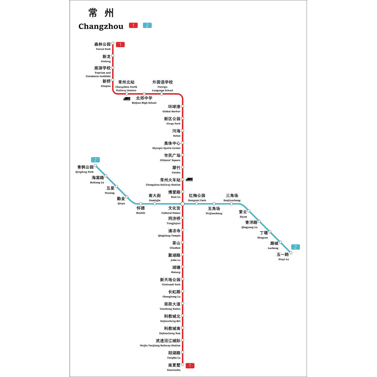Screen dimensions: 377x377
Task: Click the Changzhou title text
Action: coord(101,26)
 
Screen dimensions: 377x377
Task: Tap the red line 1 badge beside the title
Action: coord(133,25)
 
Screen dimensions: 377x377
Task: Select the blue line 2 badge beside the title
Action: coord(147,25)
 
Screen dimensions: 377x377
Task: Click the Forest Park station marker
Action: coord(113,43)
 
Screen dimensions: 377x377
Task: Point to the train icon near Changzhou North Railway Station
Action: coord(127,99)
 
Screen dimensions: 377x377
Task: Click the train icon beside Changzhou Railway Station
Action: coord(189,179)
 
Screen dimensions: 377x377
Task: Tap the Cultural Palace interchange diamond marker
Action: coord(183,204)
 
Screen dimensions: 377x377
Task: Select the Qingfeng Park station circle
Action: coord(96,165)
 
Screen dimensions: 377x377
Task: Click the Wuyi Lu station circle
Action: coord(291,253)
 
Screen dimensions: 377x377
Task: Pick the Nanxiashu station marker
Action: coord(183,364)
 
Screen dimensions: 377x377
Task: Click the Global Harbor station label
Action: coord(171,109)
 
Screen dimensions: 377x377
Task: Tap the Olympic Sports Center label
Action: coord(166,145)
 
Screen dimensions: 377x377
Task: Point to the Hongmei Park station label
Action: coord(197,198)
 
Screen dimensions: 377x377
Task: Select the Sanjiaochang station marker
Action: coord(231,204)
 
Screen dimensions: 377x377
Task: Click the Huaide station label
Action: coord(141,210)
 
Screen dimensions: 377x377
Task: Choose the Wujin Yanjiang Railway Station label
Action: coord(160,343)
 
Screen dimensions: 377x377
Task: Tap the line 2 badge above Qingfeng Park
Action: coord(95,160)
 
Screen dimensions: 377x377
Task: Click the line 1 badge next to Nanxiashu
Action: coord(190,366)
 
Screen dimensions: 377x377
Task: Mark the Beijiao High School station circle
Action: coord(144,94)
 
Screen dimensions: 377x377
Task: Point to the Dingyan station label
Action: coord(263,235)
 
